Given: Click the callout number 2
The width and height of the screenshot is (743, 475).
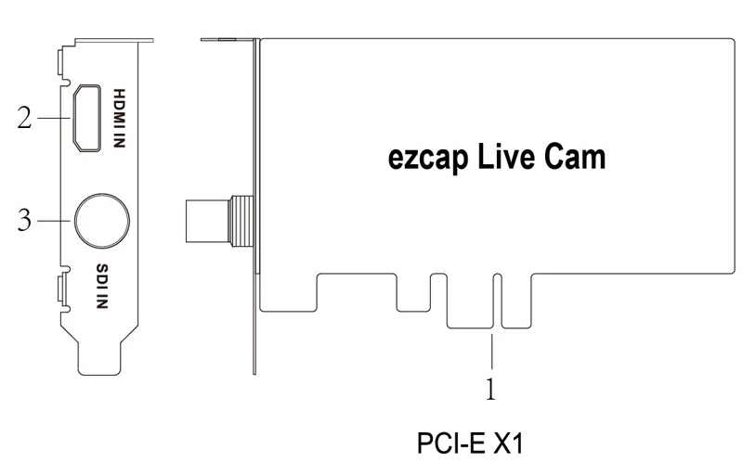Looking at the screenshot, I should coord(25,118).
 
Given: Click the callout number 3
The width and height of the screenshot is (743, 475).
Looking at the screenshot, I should coord(25,221).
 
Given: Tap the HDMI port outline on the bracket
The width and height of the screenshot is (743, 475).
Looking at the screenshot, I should coord(88,118).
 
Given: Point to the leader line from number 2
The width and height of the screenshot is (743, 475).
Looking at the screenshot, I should coord(48,118).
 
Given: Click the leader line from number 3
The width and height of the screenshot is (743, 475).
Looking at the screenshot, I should coord(55,221).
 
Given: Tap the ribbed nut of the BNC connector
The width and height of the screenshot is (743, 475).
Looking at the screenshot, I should coord(241,221).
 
